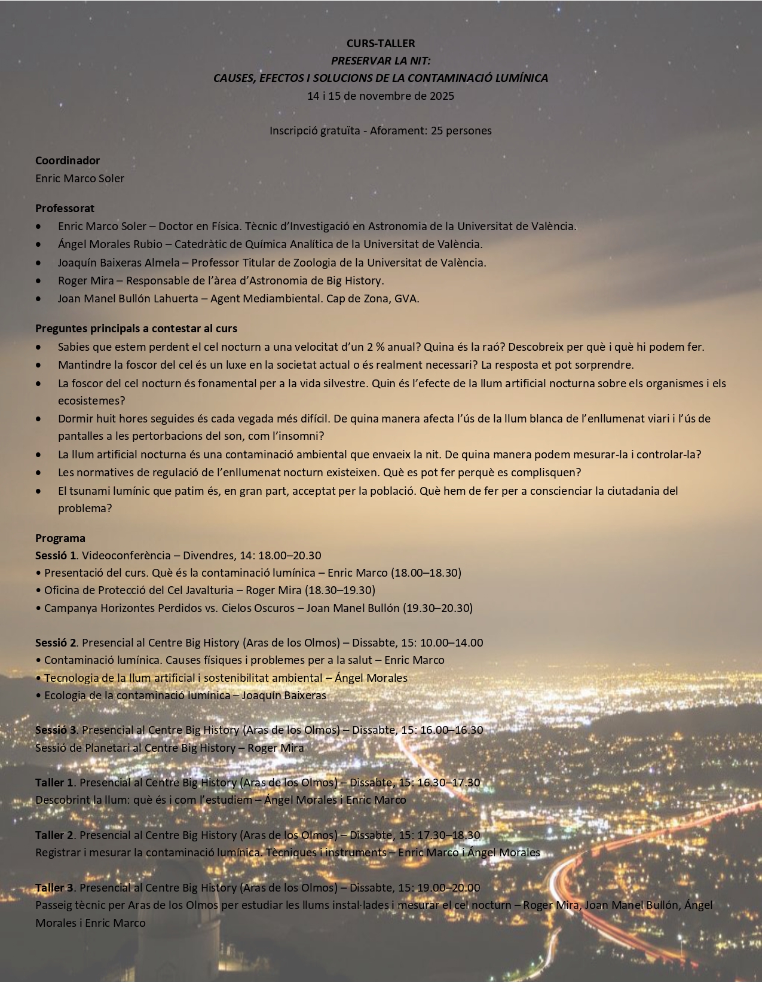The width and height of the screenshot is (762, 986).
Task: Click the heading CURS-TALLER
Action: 381,43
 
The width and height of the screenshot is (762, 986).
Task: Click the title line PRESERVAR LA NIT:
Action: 381,60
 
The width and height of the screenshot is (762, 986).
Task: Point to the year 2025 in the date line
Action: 442,96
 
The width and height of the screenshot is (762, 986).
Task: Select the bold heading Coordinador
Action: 68,160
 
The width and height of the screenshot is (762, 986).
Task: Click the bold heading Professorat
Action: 65,208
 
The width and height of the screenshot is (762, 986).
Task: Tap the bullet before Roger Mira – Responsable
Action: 39,280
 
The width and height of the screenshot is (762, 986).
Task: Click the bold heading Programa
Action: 60,538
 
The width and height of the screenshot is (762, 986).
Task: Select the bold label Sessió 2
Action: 56,643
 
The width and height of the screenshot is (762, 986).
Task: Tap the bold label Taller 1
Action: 54,782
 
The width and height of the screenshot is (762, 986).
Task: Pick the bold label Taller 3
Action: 54,887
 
